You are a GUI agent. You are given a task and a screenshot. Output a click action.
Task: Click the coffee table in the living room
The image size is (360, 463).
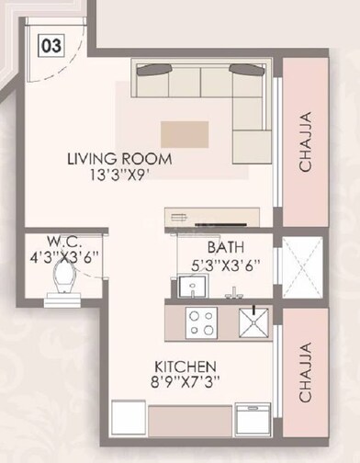[185, 134]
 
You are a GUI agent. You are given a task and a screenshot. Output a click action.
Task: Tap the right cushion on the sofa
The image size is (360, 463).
[243, 70]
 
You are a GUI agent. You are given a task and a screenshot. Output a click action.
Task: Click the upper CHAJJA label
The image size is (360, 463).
[305, 142]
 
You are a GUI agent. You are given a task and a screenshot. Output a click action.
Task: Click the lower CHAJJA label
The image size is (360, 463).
[305, 374]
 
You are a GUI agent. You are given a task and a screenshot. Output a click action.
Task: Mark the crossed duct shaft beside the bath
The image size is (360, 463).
[301, 267]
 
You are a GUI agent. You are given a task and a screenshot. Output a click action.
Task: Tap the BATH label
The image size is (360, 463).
[225, 247]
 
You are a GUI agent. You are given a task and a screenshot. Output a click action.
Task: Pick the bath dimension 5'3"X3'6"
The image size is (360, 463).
[225, 265]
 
